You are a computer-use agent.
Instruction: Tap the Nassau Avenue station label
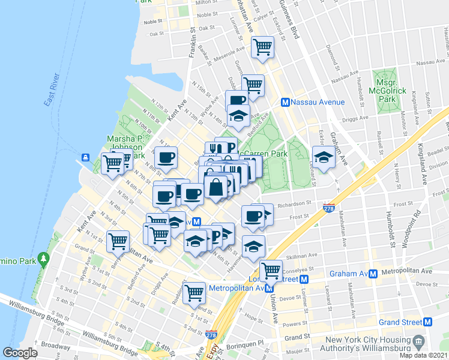(318, 102)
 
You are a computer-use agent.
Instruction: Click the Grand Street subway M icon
(428, 322)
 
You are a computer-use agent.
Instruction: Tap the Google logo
(20, 353)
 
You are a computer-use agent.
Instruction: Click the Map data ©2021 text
(424, 355)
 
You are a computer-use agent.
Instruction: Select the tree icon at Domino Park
(43, 259)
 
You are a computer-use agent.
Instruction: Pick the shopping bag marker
(215, 187)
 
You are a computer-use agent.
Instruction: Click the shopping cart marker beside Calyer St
(262, 47)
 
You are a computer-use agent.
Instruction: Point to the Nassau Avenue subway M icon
(286, 103)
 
